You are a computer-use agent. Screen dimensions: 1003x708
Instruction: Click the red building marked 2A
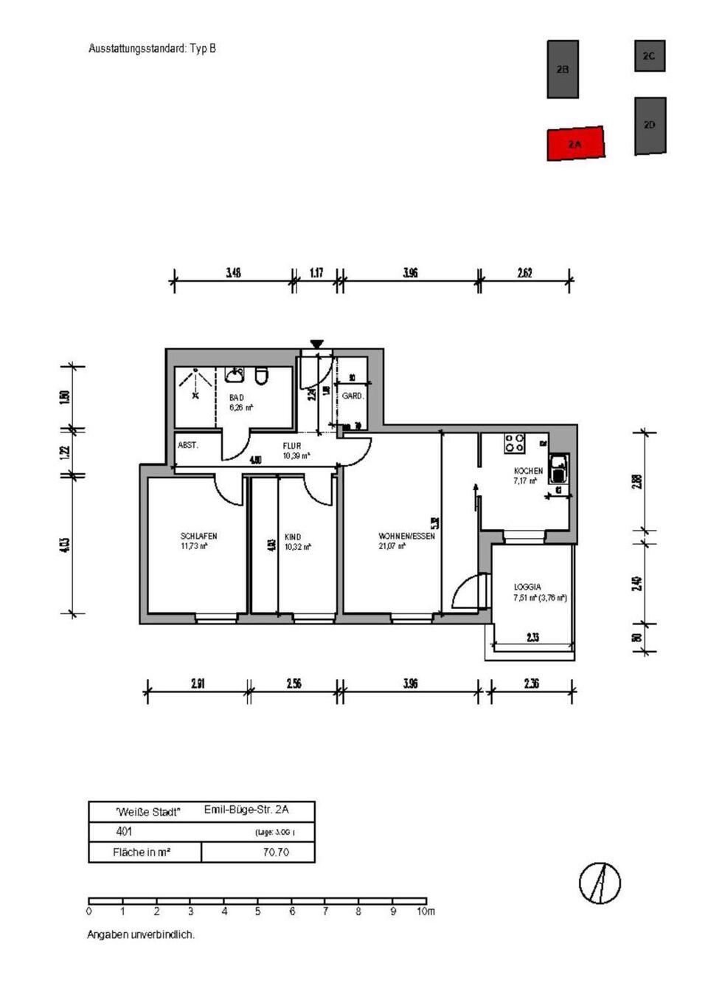575,143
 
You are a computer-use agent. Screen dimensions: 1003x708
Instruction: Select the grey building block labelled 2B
562,69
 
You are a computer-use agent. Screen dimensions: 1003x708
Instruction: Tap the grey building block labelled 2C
649,56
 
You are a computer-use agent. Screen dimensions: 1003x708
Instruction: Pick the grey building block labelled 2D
650,125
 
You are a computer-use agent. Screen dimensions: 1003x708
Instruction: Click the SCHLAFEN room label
198,537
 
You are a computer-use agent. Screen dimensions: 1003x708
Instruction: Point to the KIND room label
293,537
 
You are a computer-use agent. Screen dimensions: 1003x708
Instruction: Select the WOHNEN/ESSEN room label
406,537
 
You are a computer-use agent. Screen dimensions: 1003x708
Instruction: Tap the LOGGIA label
527,587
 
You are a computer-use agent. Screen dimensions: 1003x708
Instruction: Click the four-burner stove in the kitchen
514,444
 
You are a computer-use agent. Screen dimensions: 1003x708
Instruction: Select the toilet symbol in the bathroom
261,377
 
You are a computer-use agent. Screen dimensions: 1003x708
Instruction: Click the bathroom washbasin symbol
235,376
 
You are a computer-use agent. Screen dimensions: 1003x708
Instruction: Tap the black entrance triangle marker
316,344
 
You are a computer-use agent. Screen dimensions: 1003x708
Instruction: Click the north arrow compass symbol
600,883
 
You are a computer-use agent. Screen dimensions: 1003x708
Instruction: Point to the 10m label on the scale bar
426,911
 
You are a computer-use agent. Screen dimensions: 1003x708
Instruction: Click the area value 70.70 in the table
276,852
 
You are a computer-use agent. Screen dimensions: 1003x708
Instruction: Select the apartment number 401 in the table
125,832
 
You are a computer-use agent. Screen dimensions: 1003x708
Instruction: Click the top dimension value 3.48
233,273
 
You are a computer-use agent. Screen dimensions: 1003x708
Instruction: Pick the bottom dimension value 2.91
198,684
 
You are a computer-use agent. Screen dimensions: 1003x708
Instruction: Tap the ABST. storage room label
187,445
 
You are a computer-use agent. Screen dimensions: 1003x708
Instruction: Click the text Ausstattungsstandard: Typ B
152,49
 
